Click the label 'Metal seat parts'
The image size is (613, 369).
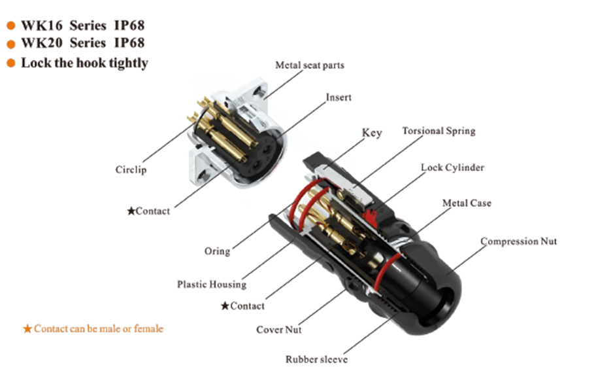pos(309,65)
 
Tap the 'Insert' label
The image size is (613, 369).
pos(339,97)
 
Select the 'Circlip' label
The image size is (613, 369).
pos(131,170)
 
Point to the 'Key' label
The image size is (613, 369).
pos(372,133)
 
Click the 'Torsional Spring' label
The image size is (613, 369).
pos(439,131)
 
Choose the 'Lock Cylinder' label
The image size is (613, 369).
pos(452,167)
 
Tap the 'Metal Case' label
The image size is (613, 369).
pos(467,203)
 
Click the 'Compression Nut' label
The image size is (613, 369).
pos(518,241)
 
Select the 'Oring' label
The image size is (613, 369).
pos(217,251)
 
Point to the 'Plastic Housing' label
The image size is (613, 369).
pos(212,285)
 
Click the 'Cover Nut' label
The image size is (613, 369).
pos(279,330)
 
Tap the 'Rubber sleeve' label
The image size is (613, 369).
pos(316,359)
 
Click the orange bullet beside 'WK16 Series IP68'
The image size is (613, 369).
pos(10,26)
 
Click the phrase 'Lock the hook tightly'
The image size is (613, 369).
pos(84,63)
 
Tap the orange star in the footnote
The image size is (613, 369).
pos(27,329)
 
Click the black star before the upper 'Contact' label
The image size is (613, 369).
pos(131,211)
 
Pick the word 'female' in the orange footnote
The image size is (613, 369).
pos(148,328)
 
